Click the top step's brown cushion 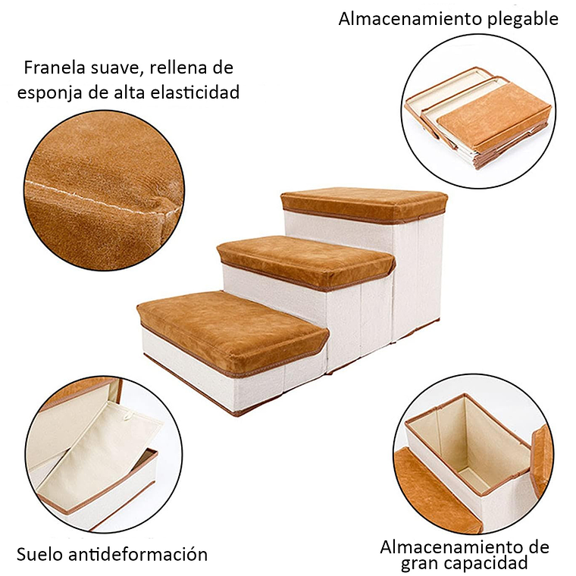point(364,203)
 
